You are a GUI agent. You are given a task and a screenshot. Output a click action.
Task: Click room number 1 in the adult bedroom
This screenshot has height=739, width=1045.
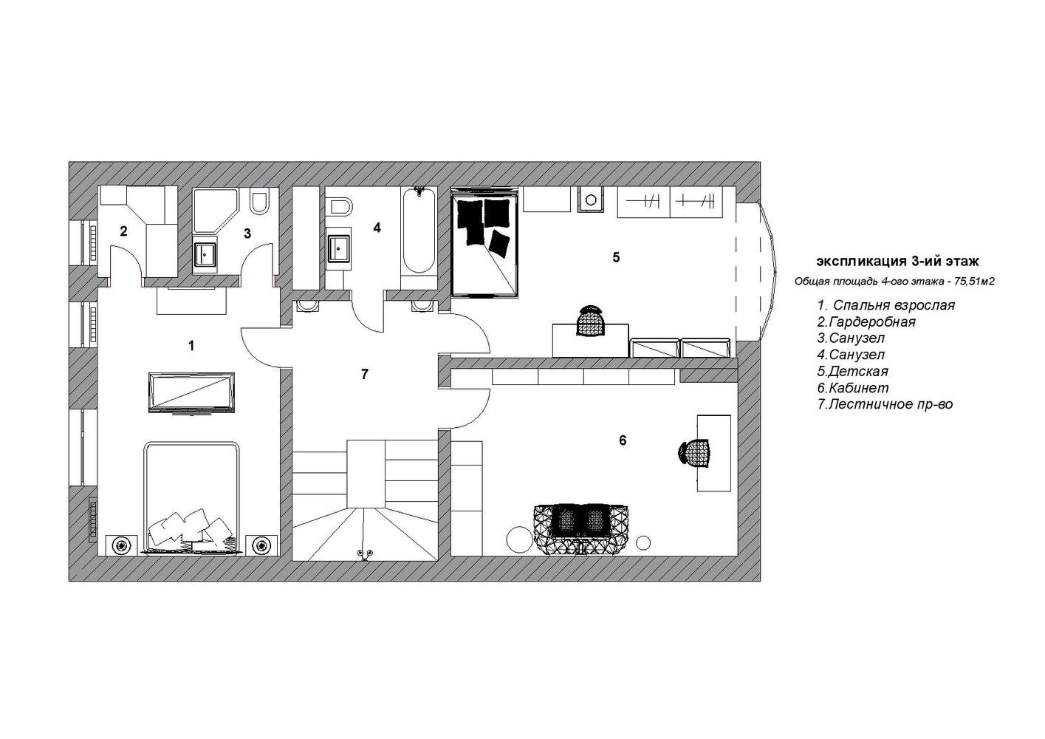[191, 346]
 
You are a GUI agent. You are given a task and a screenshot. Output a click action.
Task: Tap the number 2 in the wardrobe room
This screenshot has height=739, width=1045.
[123, 231]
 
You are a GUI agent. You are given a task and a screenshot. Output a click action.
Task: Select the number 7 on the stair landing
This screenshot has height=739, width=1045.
[364, 374]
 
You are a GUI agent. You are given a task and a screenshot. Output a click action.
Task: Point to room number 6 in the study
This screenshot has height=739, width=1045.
[623, 440]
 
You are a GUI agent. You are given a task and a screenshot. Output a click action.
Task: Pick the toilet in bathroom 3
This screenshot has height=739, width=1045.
[260, 202]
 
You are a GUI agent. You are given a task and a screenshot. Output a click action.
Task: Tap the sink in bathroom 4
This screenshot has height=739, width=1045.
[339, 249]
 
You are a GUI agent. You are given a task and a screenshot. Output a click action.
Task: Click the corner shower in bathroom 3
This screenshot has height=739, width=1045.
[216, 211]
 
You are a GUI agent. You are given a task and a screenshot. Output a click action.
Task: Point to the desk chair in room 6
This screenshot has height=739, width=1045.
[694, 453]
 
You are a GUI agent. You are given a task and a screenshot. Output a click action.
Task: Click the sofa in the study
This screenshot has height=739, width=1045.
[581, 529]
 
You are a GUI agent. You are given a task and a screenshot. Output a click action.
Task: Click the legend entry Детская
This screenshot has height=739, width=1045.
[852, 372]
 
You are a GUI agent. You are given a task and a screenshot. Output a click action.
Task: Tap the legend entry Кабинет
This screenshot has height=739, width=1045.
[853, 388]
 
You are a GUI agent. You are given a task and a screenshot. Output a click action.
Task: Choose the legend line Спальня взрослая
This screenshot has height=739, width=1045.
[886, 305]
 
